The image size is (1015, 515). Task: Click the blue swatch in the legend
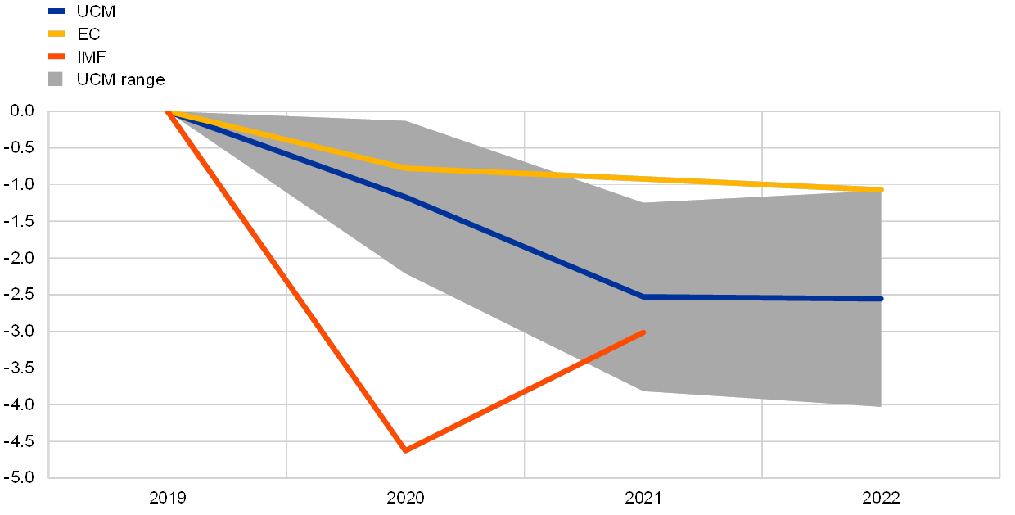[56, 11]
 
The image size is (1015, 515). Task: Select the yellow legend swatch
[56, 34]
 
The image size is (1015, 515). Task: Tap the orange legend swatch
[56, 56]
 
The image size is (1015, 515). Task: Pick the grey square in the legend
[56, 79]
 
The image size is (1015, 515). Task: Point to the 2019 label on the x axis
[168, 497]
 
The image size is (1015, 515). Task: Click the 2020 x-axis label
[405, 497]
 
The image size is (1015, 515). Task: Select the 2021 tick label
[643, 497]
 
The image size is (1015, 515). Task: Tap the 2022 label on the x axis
[881, 497]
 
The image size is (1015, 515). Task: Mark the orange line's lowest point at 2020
[405, 450]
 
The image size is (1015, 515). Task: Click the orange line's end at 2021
[643, 332]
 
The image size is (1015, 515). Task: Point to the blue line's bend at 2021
[643, 296]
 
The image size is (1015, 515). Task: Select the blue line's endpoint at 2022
[881, 299]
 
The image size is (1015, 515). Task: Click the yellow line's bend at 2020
[405, 168]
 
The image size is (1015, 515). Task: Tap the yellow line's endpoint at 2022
[881, 190]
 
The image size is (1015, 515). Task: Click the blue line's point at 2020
[405, 197]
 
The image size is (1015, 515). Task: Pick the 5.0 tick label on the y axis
[23, 478]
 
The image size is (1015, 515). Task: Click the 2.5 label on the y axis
[23, 295]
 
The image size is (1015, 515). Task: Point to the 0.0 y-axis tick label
[23, 111]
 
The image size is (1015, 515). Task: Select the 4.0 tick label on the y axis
[23, 404]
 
